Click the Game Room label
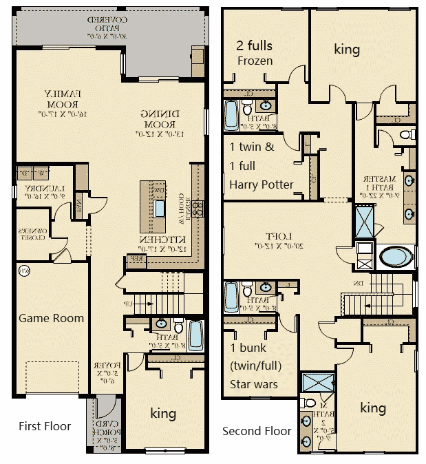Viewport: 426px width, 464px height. [51, 318]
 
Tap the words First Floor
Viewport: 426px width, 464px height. [45, 426]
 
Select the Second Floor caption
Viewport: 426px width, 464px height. [257, 431]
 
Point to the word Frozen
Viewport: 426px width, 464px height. [255, 61]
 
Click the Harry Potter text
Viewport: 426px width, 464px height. [262, 184]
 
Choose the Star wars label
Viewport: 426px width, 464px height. [254, 383]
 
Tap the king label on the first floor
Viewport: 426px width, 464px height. [163, 413]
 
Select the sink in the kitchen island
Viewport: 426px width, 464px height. [160, 208]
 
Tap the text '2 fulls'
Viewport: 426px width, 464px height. [255, 46]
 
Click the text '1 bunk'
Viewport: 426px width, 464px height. [248, 348]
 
